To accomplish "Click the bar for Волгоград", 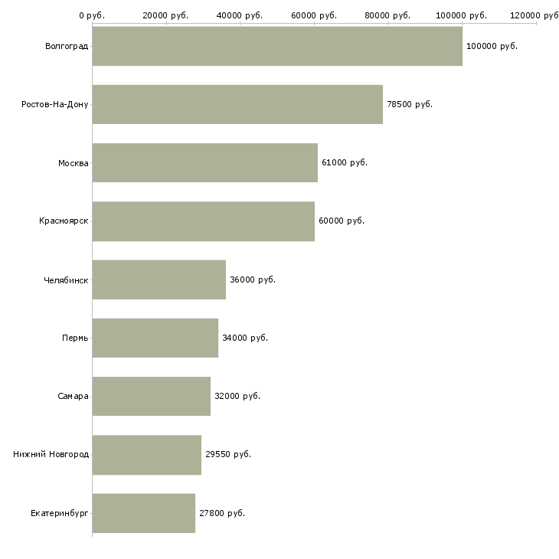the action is (277, 46).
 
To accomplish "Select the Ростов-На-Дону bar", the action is (237, 104).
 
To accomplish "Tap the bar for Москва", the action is (205, 162).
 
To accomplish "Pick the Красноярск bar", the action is (204, 221).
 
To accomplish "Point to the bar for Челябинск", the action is (159, 279).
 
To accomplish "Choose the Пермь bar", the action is (155, 338).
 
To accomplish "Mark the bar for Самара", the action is (152, 397).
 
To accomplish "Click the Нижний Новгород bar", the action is (147, 455).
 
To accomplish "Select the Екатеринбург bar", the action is (144, 513).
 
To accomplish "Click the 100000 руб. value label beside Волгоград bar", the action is (492, 47).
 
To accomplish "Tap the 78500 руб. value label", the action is (410, 104).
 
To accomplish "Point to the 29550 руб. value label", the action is (228, 455).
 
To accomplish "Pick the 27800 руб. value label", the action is (222, 513).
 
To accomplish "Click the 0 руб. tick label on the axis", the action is (92, 15).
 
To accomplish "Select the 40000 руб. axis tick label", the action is (240, 15).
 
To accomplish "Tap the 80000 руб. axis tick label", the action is (387, 15).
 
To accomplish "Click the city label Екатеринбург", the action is (59, 513).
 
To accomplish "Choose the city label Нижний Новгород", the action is (51, 454).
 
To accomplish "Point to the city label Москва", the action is (73, 163).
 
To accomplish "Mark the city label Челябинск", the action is (66, 280).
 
